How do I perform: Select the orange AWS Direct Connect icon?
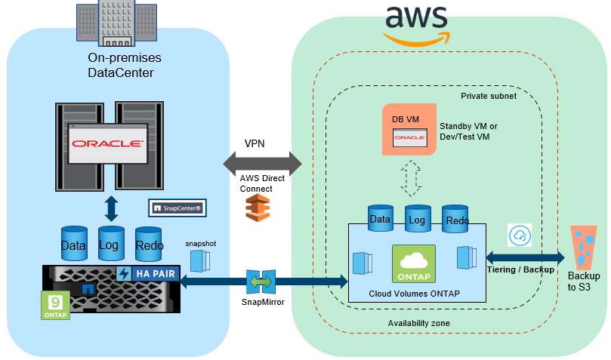tap(258, 207)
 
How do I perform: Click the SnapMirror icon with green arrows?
tap(259, 282)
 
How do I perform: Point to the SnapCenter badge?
tap(177, 207)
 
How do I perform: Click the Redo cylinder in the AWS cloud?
tap(456, 218)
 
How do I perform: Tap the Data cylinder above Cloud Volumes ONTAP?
tap(380, 217)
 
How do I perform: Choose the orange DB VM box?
tap(409, 129)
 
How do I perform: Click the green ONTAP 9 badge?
tap(55, 305)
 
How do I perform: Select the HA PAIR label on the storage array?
tap(154, 274)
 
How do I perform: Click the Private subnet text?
tap(488, 96)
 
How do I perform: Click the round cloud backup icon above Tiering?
tap(520, 235)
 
